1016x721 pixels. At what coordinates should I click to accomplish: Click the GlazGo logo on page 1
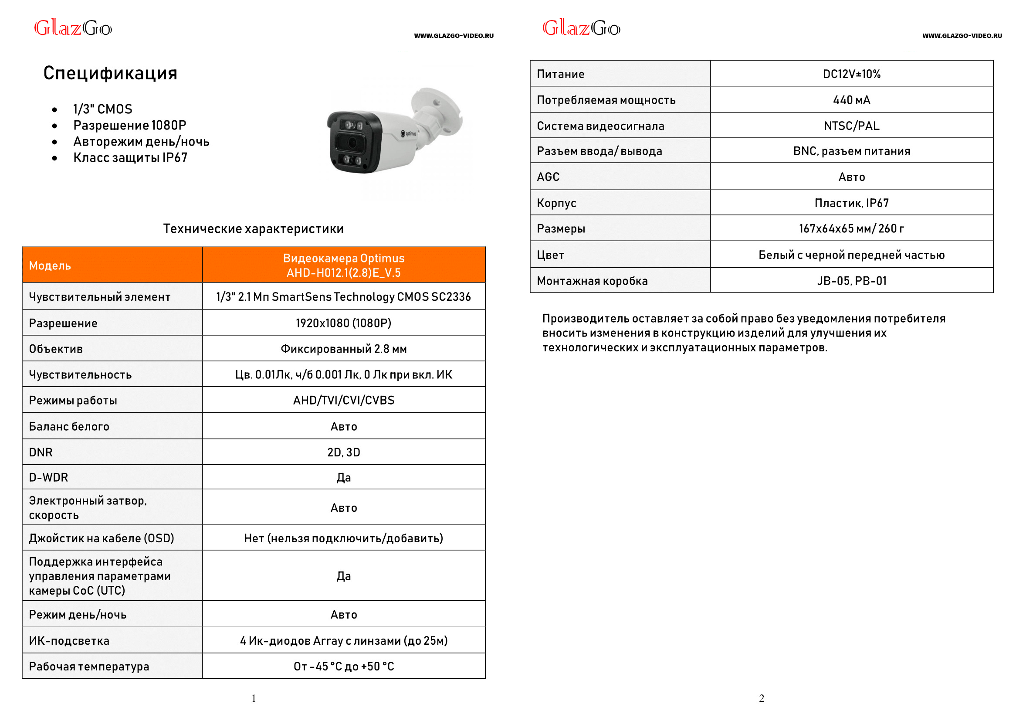[73, 28]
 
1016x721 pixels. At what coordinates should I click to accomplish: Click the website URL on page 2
[962, 36]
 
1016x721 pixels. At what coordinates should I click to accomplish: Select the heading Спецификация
[110, 73]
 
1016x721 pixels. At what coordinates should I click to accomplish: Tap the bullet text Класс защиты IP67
[130, 158]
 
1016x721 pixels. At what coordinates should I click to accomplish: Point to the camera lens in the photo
[352, 143]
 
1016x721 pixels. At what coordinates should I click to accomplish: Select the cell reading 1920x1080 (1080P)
[343, 323]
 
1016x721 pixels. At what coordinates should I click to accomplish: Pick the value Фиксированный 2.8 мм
[343, 349]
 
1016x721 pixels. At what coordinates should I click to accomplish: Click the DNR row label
[41, 452]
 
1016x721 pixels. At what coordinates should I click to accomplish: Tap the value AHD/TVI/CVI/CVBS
[343, 400]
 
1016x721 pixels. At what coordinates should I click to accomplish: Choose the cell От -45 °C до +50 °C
[343, 666]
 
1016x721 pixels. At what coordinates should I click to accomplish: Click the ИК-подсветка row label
[69, 640]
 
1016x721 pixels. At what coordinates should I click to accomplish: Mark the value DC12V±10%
[851, 74]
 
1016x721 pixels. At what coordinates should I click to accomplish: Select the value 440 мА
[851, 100]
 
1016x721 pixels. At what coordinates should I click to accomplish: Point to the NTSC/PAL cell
[851, 126]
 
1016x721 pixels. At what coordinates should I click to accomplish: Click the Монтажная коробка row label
[592, 281]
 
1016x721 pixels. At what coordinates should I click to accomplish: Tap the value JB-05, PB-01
[851, 281]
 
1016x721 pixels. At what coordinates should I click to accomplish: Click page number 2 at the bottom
[761, 698]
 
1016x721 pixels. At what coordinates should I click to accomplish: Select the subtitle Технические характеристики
[253, 229]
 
